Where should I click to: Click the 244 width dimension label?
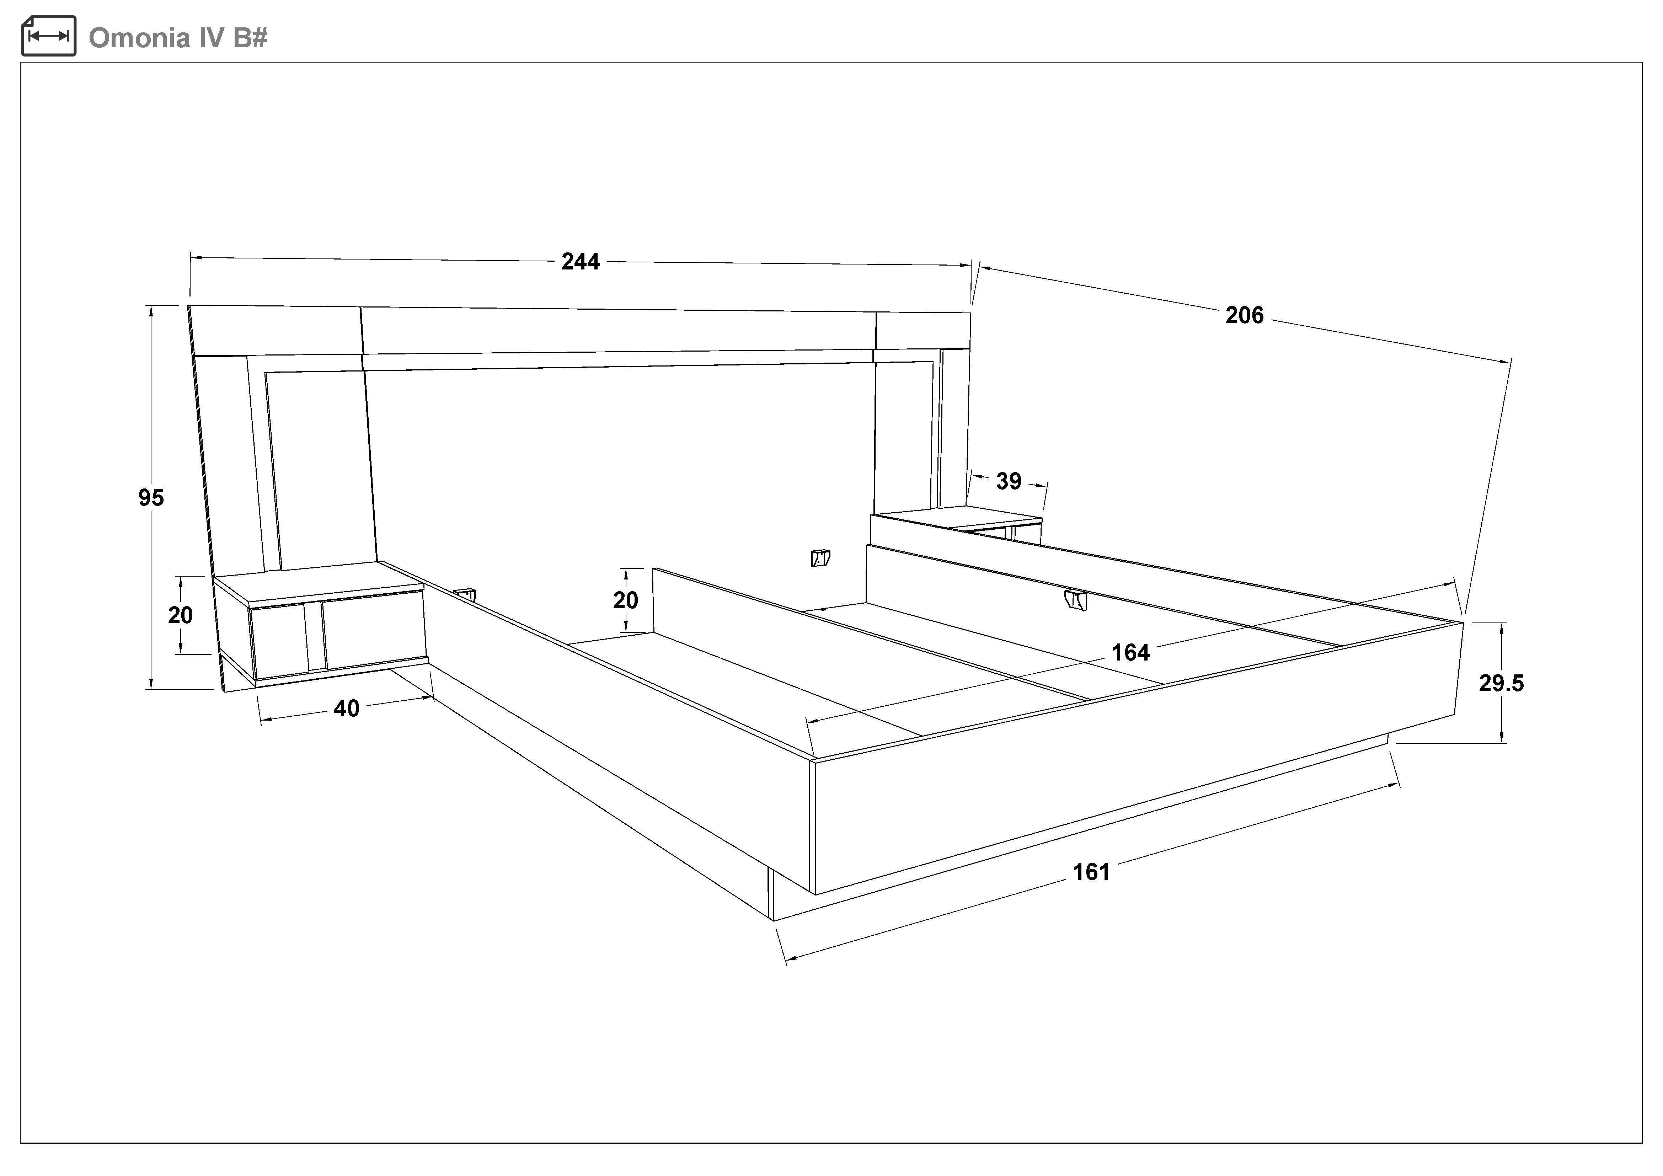580,261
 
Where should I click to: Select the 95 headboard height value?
151,497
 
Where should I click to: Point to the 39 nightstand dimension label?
1008,481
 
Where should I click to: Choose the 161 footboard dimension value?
1091,872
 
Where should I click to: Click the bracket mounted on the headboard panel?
820,557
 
